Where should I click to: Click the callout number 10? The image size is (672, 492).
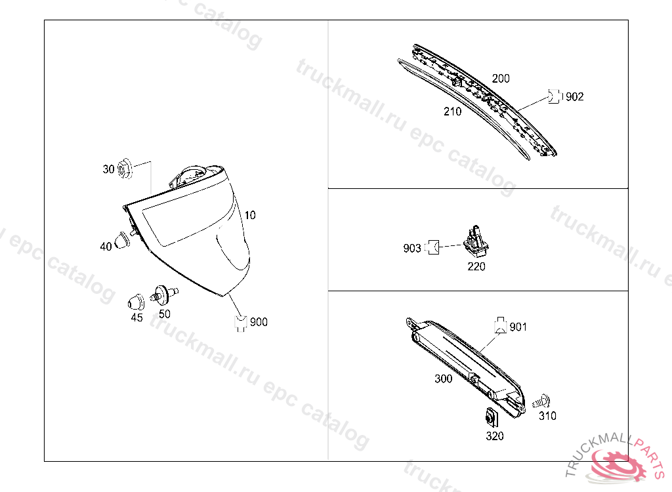(x=250, y=215)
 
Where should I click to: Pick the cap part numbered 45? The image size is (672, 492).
(x=136, y=302)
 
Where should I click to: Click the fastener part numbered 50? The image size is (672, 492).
(x=163, y=295)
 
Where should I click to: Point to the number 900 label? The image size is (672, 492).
(x=259, y=322)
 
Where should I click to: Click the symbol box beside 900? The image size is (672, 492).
(x=241, y=323)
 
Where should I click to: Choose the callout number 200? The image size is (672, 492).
(x=501, y=79)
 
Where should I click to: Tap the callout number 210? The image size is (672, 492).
(x=453, y=112)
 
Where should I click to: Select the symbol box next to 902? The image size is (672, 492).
(x=554, y=96)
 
